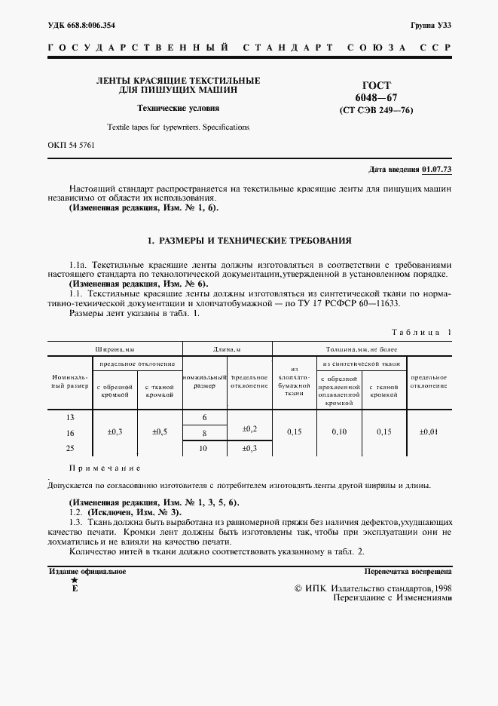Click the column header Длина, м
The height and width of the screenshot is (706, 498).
(227, 349)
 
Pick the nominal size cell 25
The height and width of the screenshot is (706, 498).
(70, 448)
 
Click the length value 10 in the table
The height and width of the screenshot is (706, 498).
(203, 448)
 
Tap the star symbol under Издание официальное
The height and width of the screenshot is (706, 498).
(73, 581)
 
